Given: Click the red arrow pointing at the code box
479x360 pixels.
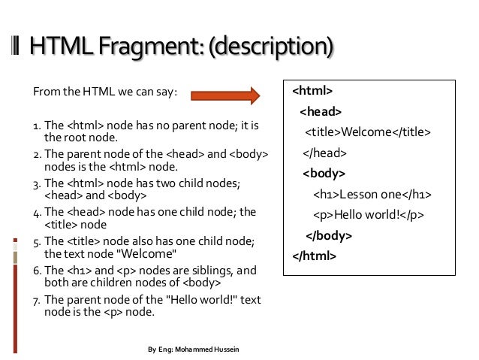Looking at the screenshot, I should click(225, 95).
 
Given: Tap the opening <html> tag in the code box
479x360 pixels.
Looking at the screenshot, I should click(312, 92).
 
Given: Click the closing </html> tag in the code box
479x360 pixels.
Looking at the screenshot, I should click(315, 256).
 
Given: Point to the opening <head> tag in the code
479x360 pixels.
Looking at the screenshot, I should click(321, 112).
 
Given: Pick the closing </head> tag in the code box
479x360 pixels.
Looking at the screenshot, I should click(324, 153).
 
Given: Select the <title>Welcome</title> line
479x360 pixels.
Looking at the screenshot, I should click(367, 133).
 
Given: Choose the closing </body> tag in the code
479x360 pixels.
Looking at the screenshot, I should click(330, 235).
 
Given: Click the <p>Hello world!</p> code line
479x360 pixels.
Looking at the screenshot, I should click(369, 215).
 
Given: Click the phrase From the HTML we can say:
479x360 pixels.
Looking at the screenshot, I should click(104, 92).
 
